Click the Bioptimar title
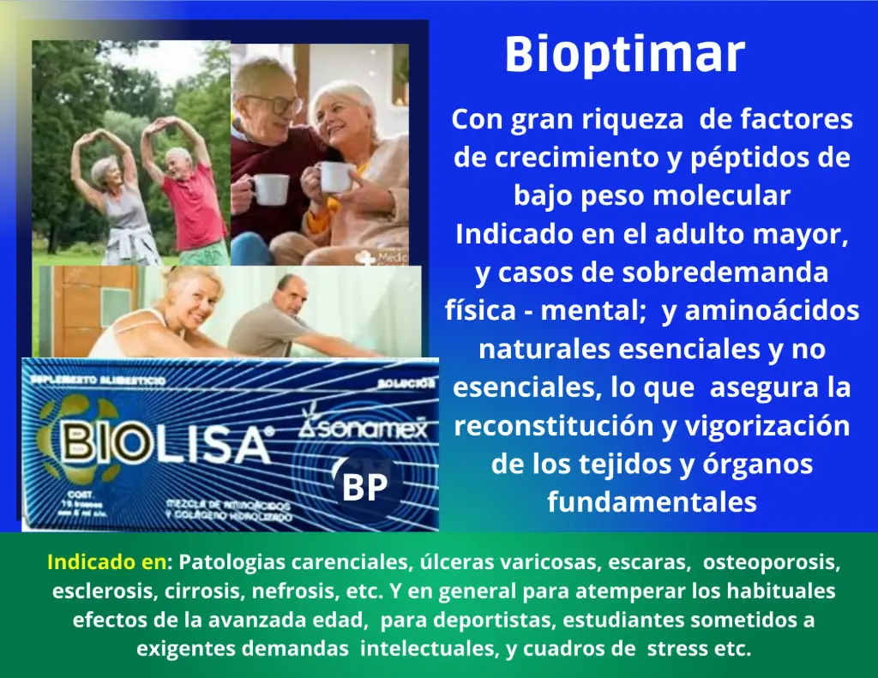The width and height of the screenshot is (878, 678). [x=624, y=55]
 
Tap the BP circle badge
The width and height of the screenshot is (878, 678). [x=365, y=487]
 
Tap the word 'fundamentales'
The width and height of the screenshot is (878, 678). [x=652, y=501]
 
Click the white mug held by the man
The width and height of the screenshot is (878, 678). [x=271, y=189]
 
